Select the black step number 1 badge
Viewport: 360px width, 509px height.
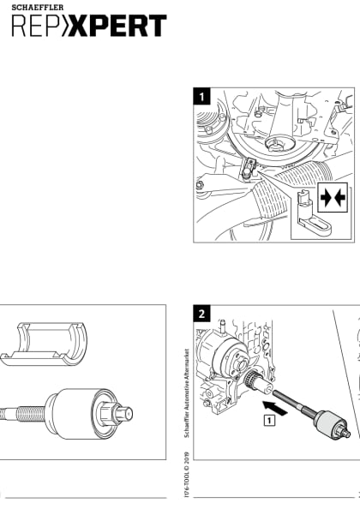(x=201, y=97)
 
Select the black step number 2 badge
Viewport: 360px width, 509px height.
(x=201, y=314)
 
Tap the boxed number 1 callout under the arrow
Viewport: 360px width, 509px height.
(x=269, y=420)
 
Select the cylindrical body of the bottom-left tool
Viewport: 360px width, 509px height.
(x=73, y=414)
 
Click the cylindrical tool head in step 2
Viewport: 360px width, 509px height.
(x=329, y=427)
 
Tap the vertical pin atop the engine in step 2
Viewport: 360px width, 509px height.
(x=221, y=327)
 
